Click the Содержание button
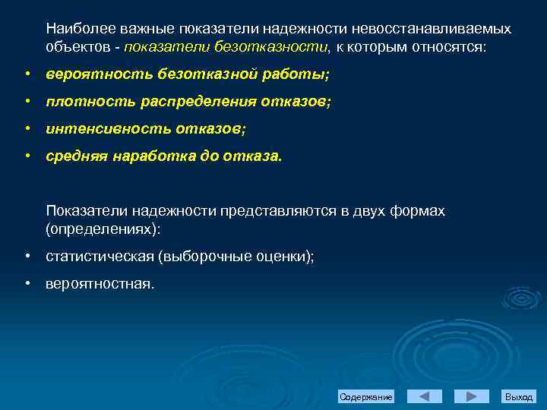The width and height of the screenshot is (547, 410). tap(366, 397)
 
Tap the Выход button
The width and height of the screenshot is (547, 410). tap(519, 397)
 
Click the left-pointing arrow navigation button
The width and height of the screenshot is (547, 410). tap(424, 397)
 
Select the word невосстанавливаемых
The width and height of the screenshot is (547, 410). tap(435, 28)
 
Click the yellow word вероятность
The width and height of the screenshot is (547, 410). tap(89, 75)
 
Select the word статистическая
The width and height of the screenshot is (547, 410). tap(100, 257)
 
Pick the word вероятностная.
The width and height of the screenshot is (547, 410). tap(100, 284)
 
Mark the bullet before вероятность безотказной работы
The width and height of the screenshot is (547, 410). tap(27, 75)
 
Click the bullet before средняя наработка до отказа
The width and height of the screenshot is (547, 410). tap(27, 157)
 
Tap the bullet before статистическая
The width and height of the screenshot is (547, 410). tap(27, 257)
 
